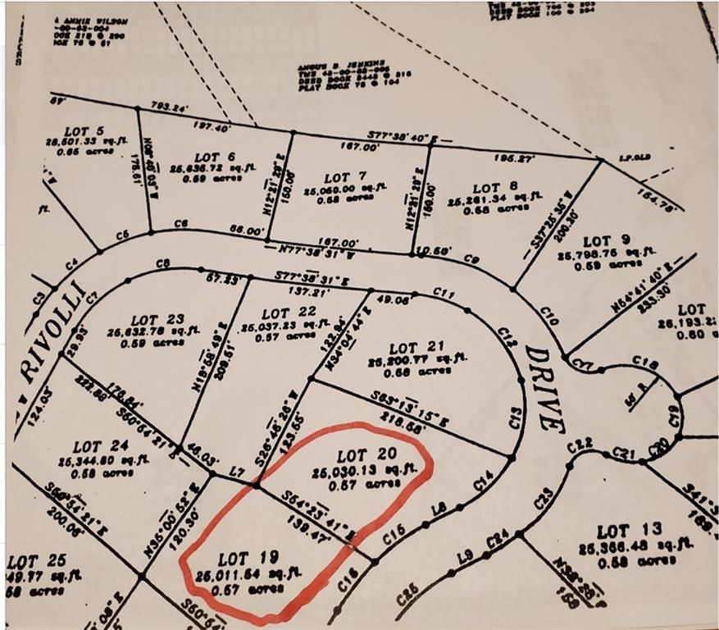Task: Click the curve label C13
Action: pos(516,422)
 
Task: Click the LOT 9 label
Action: pos(607,241)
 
